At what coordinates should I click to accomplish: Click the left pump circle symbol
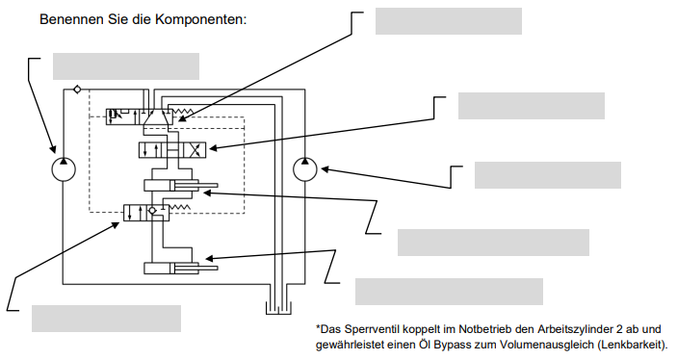64,169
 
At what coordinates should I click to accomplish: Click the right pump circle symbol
305,169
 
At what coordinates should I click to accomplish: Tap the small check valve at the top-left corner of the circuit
77,90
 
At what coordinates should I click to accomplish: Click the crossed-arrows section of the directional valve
195,150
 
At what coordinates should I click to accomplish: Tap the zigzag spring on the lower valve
179,208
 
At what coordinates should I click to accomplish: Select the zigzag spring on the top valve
183,112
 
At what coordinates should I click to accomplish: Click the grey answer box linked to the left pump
126,66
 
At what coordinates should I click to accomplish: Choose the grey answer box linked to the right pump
548,175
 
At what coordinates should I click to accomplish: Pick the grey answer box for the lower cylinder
449,292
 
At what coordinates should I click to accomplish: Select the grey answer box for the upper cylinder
493,243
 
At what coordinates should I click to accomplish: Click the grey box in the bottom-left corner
106,319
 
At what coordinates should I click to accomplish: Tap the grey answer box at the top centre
449,21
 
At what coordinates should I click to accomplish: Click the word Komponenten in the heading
200,20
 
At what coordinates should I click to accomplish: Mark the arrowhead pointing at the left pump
53,148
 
